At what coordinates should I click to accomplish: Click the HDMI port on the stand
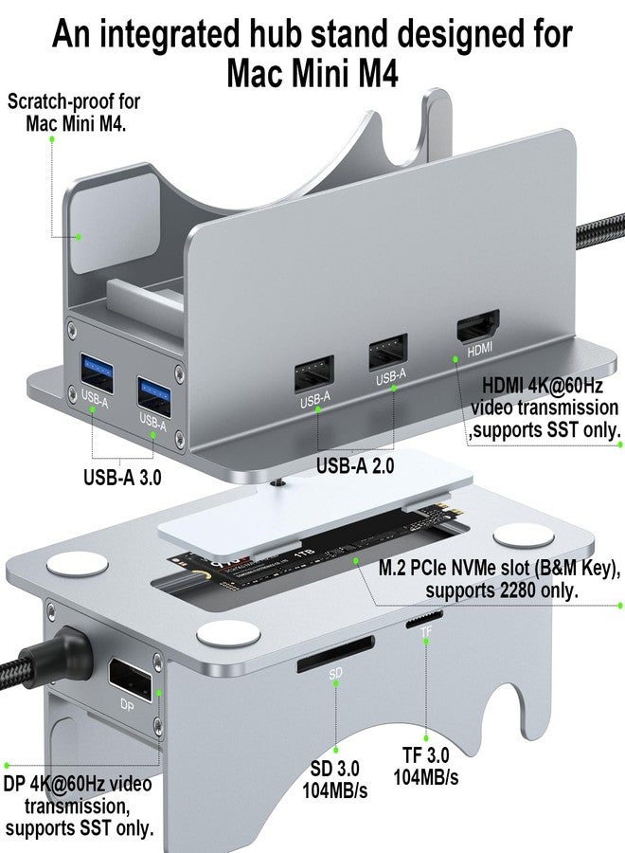point(479,332)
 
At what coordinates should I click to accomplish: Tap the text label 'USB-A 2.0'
point(355,464)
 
